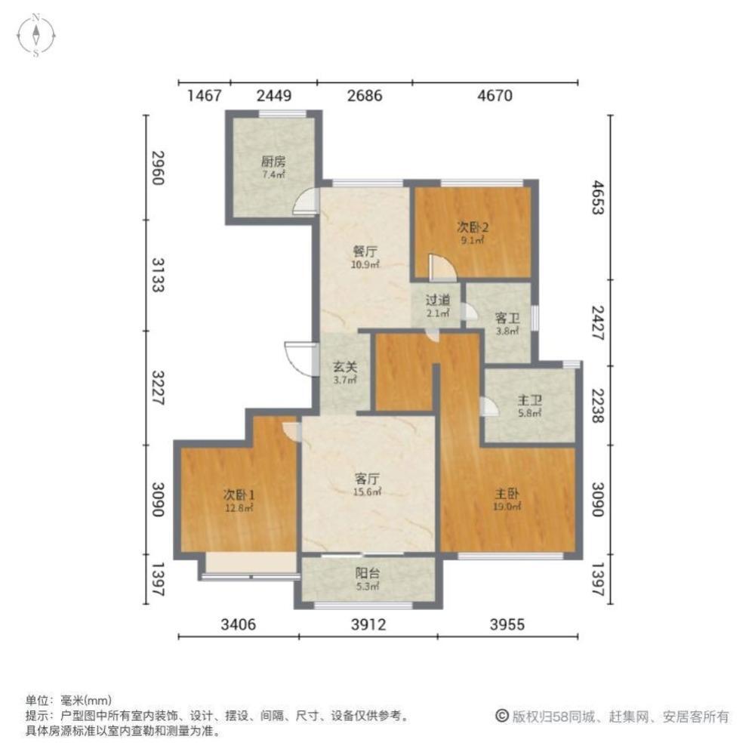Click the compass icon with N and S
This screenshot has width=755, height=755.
pos(36,35)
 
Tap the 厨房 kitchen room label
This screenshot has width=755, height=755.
pos(273,162)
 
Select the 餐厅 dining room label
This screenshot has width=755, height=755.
pos(365,251)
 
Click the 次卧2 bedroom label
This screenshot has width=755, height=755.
pos(473,226)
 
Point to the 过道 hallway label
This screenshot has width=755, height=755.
pos(438,300)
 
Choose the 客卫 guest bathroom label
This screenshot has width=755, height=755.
pos(507,319)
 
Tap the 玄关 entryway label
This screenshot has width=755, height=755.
pos(345,367)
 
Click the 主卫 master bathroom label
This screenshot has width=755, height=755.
pos(530,400)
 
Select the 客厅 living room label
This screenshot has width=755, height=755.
pos(367,479)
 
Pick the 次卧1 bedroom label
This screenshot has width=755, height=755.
pos(239,495)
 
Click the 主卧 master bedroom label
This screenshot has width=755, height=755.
pos(507,494)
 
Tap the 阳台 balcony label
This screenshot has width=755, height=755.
pos(368,573)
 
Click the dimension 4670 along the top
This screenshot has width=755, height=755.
pos(495,95)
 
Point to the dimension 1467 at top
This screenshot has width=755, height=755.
pos(204,95)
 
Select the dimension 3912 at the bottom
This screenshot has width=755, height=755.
pos(368,624)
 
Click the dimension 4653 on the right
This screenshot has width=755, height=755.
pos(597,197)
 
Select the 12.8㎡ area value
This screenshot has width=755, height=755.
pos(239,507)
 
